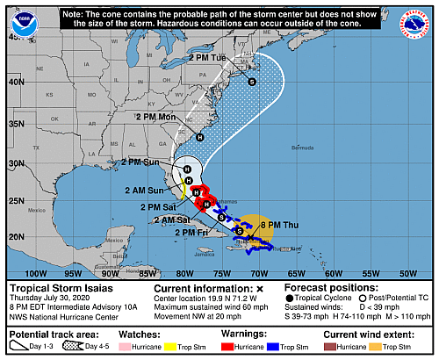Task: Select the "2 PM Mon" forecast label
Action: (155, 117)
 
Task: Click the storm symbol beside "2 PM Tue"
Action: (252, 82)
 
